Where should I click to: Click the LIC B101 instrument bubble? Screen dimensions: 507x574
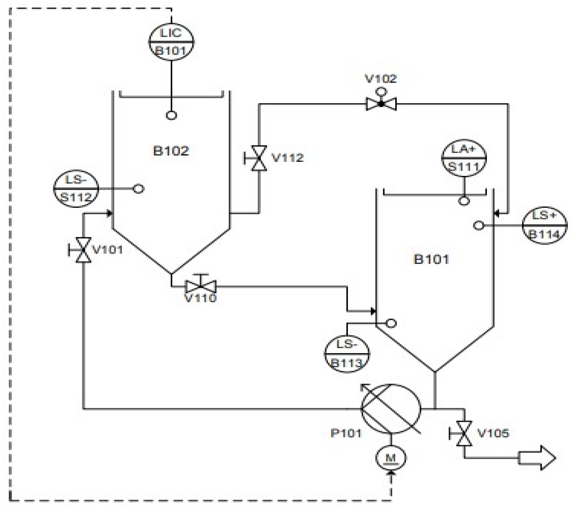pyautogui.click(x=171, y=42)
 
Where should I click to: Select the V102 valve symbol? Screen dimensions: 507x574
pyautogui.click(x=381, y=104)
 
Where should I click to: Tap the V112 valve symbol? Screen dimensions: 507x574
pyautogui.click(x=259, y=158)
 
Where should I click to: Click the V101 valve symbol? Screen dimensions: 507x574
pyautogui.click(x=83, y=250)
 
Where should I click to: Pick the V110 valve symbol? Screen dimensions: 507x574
pyautogui.click(x=200, y=287)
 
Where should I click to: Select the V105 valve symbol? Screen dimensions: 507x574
pyautogui.click(x=464, y=434)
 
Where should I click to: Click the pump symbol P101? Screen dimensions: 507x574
pyautogui.click(x=391, y=409)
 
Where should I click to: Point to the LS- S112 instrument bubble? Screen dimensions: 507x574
pyautogui.click(x=76, y=189)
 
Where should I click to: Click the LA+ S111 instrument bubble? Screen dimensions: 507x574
pyautogui.click(x=464, y=158)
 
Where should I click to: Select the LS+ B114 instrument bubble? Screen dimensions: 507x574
pyautogui.click(x=544, y=225)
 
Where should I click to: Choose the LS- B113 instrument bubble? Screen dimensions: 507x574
pyautogui.click(x=347, y=354)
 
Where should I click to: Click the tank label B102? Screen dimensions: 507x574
pyautogui.click(x=171, y=151)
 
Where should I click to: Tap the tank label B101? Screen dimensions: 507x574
pyautogui.click(x=431, y=259)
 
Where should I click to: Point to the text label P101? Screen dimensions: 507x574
pyautogui.click(x=346, y=433)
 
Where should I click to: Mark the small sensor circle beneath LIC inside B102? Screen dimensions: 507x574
pyautogui.click(x=171, y=115)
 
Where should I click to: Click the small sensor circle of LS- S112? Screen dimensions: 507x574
pyautogui.click(x=138, y=189)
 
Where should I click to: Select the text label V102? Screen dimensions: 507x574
pyautogui.click(x=380, y=79)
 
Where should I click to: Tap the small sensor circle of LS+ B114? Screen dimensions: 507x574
pyautogui.click(x=479, y=226)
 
